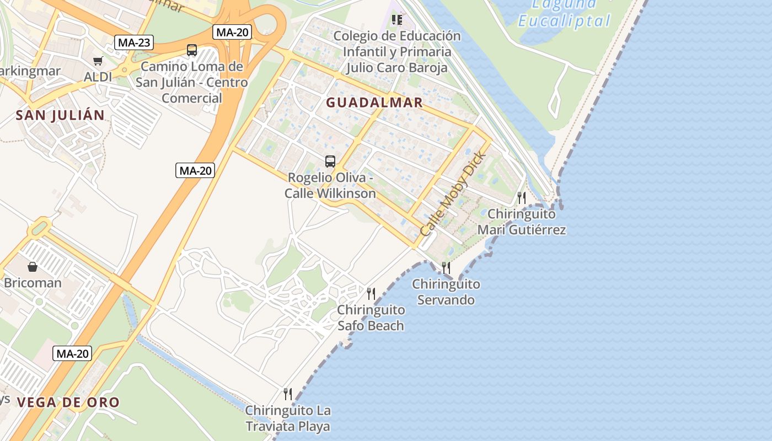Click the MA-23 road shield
134,42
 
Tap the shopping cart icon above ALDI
98,61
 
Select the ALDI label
98,77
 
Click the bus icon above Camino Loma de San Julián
191,50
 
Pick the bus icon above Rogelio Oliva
330,162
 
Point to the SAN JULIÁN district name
60,115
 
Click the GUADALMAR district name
374,103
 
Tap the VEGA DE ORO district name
68,402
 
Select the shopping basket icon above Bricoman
33,267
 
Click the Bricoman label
33,283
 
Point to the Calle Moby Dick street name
453,194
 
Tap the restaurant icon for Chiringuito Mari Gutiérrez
521,197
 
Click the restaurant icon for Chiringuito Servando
446,268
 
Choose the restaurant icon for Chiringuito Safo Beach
371,293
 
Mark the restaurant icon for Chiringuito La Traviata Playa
288,394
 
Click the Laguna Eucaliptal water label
564,13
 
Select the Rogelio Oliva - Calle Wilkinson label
330,186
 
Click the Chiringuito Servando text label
446,292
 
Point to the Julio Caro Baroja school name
396,67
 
